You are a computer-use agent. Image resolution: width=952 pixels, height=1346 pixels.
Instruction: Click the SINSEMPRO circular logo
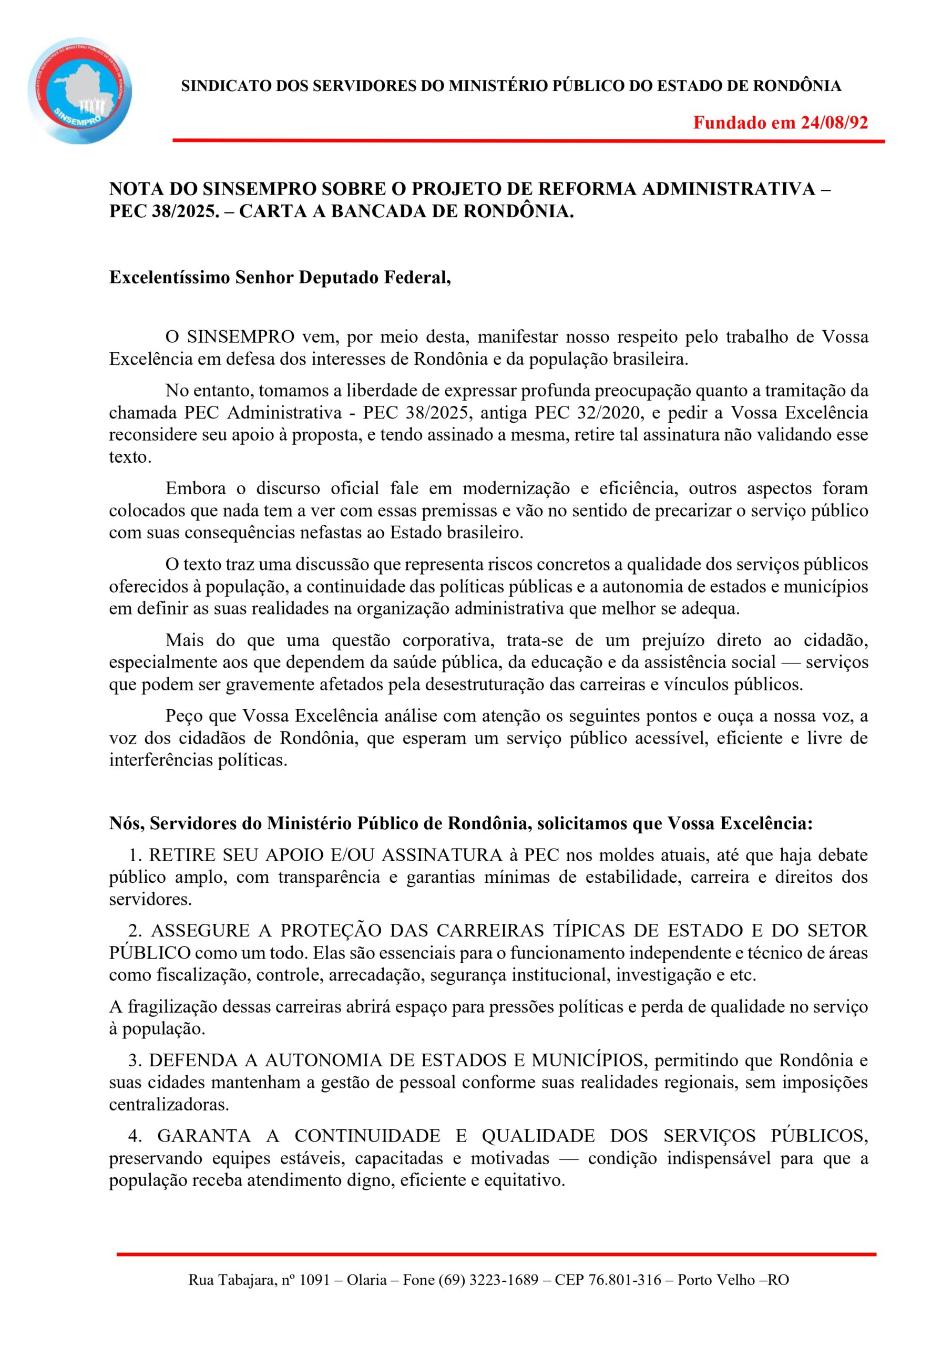point(80,91)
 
